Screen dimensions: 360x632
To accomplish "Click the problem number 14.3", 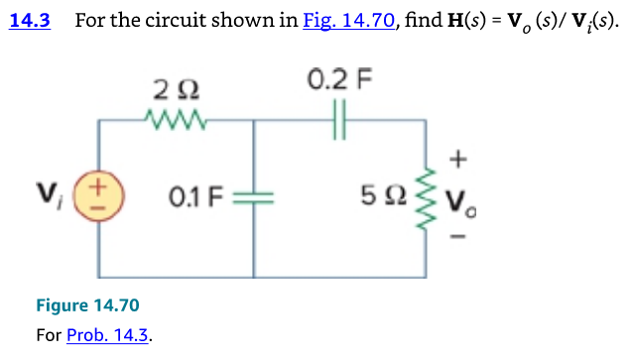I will [29, 21].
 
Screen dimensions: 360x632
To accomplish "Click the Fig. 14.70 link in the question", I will [348, 21].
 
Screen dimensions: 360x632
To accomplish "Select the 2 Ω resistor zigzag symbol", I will [175, 120].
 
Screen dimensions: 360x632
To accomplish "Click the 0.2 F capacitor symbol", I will [342, 120].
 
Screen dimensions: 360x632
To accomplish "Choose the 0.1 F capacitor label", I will [192, 193].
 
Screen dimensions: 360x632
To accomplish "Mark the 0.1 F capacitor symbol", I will [256, 193].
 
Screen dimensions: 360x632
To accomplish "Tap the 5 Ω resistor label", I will [385, 193].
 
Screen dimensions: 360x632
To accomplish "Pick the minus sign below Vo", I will [457, 238].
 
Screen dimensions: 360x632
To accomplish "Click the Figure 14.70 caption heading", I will [87, 305].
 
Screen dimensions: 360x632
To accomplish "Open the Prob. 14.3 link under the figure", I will [108, 335].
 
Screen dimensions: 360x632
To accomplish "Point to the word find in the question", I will [422, 21].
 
